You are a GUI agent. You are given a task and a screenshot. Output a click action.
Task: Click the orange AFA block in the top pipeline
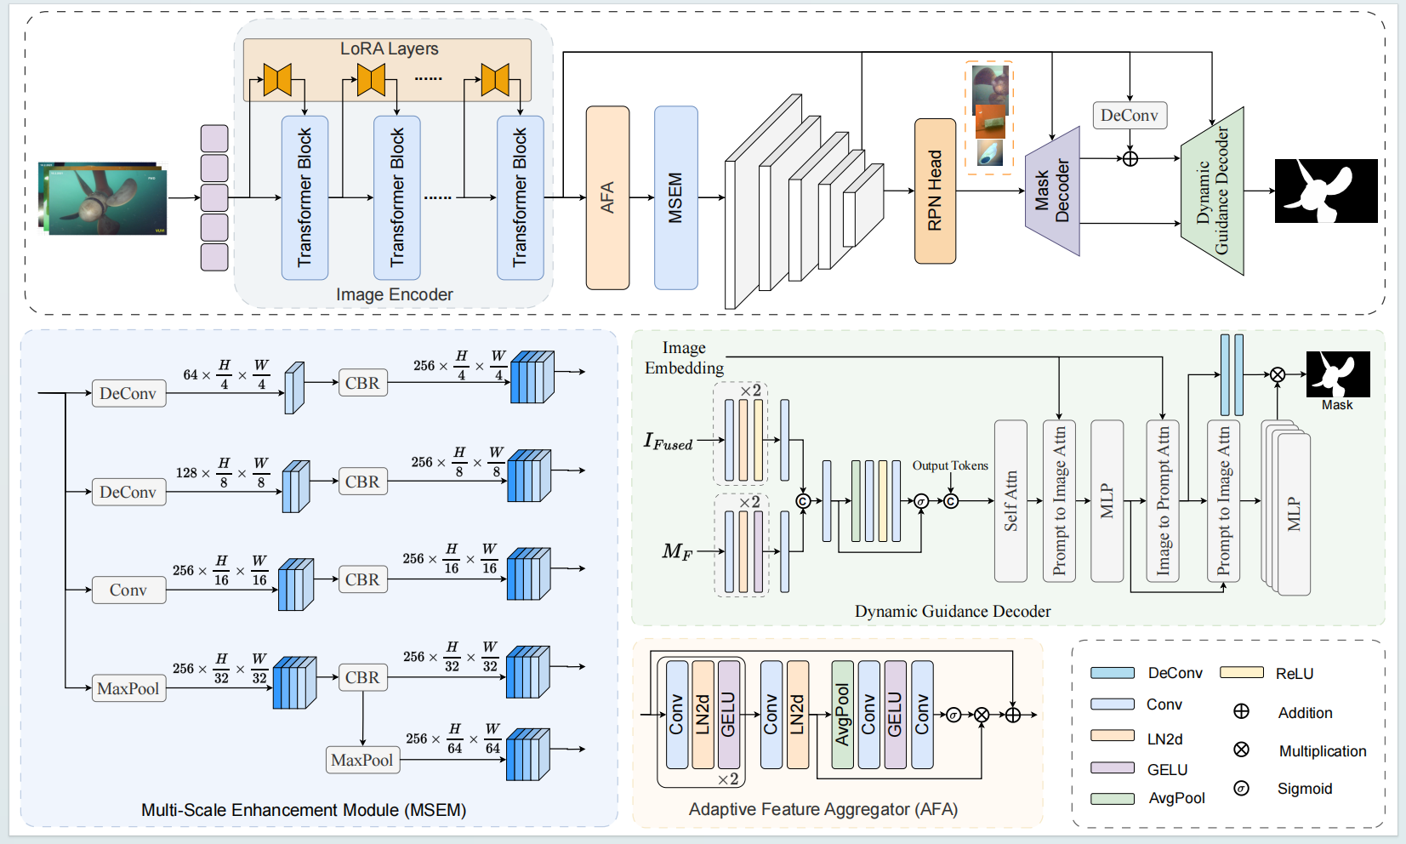pos(607,197)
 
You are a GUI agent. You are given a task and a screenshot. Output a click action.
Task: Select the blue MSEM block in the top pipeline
pos(675,197)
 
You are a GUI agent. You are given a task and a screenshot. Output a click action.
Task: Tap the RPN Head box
pos(935,191)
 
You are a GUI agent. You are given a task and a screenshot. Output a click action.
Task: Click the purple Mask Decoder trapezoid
pos(1053,192)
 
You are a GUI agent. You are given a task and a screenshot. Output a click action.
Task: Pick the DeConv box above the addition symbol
pos(1129,115)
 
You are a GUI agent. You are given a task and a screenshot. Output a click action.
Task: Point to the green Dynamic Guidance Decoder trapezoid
pos(1213,191)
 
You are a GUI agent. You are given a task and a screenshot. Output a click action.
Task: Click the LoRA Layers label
pos(389,48)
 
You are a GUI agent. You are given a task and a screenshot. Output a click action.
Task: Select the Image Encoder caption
pos(394,294)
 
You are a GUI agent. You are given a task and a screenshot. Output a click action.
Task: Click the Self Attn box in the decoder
pos(1010,501)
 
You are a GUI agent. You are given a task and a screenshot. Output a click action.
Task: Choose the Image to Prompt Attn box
pos(1163,501)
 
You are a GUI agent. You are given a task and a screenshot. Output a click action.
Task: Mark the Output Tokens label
pos(950,465)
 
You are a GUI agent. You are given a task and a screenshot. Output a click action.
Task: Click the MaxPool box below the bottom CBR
pos(362,760)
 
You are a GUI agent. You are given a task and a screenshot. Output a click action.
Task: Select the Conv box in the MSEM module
pos(128,590)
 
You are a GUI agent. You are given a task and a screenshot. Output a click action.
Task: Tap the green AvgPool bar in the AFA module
pos(842,715)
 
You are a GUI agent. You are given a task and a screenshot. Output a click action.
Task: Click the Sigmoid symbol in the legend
pos(1241,788)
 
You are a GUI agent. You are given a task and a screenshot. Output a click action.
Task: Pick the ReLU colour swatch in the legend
pos(1241,672)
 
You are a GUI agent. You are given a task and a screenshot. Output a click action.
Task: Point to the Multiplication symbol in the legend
pos(1241,750)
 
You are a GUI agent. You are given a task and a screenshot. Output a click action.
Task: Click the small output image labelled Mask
pos(1338,374)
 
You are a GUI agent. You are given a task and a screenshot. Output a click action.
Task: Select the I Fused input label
pos(668,441)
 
